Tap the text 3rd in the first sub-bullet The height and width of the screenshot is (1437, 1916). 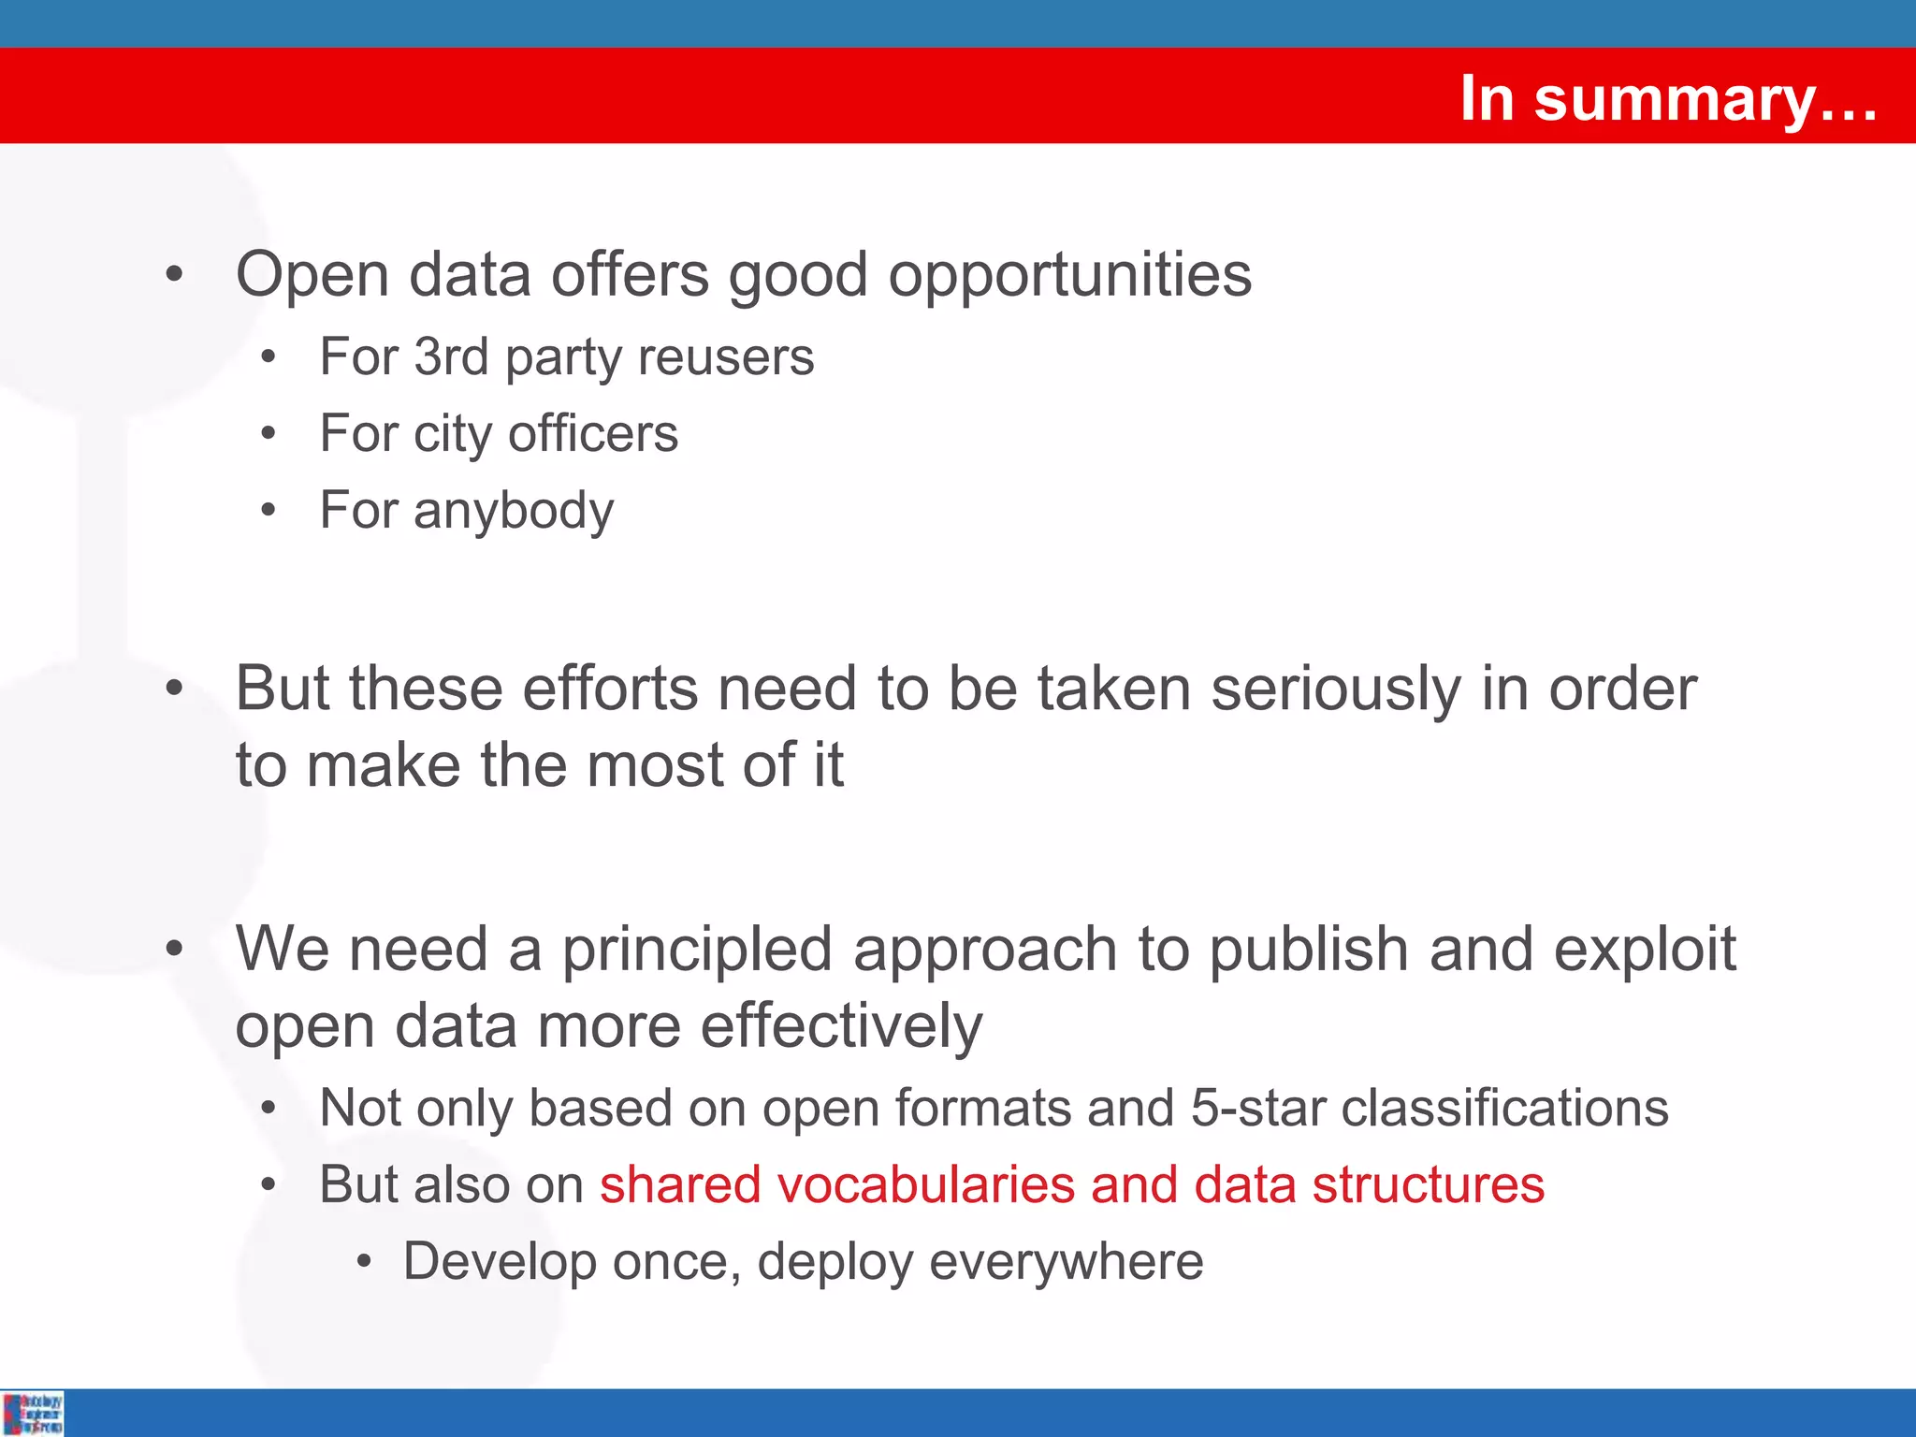pos(451,356)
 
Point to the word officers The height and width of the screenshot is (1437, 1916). pos(593,434)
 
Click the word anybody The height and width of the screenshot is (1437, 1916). pos(514,512)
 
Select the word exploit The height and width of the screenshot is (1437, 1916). pos(1645,950)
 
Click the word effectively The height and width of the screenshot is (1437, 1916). pos(841,1027)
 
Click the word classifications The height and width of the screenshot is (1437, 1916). pos(1505,1108)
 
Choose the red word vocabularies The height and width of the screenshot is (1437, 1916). pos(925,1184)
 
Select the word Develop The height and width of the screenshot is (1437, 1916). pos(500,1262)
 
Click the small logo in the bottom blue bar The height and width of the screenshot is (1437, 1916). pos(33,1413)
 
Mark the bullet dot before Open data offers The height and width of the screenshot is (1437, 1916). pos(174,275)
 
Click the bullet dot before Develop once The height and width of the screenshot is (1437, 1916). pos(365,1263)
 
